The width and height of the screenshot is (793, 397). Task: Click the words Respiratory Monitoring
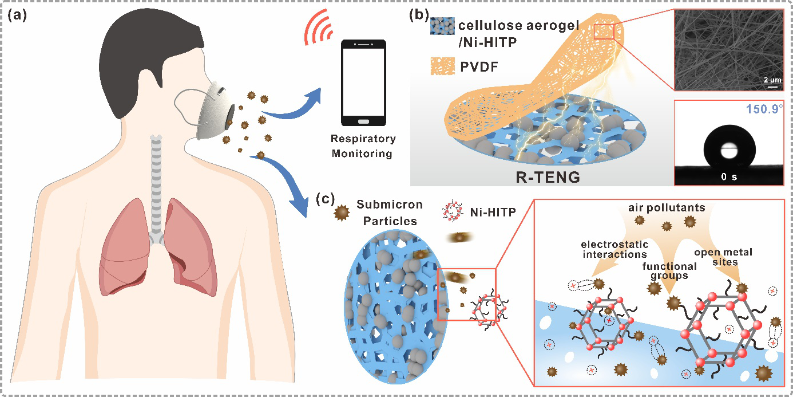click(x=363, y=146)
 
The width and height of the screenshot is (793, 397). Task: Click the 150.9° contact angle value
click(x=764, y=109)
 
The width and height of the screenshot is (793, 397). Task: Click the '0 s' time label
click(x=728, y=176)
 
